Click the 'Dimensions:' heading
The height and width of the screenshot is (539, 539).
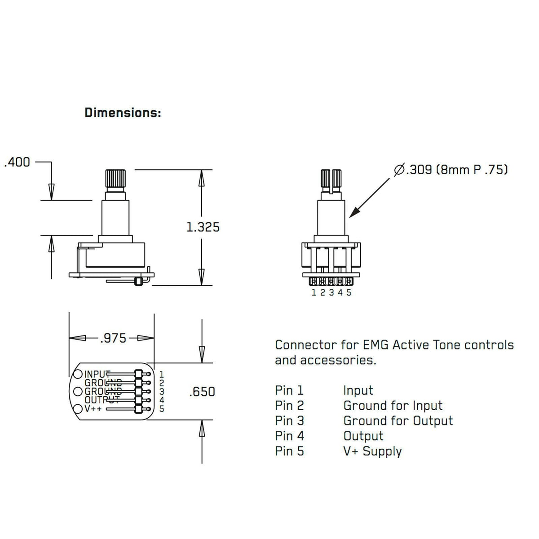point(123,113)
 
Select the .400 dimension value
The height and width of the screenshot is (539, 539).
point(17,162)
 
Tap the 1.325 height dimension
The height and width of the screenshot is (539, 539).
point(203,227)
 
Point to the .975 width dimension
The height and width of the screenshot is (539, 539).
point(113,338)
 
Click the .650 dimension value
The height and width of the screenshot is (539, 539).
point(202,392)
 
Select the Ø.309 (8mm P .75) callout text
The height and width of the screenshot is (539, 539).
point(451,170)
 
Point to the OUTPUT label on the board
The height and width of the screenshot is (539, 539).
point(101,400)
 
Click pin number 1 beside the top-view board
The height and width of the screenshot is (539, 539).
point(162,374)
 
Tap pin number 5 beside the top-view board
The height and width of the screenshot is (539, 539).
point(162,409)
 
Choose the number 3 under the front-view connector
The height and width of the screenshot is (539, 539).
point(331,293)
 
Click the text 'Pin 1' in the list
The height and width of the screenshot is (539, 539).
point(289,390)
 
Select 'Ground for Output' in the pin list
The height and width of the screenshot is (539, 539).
point(398,421)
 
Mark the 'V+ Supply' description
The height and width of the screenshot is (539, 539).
point(372,451)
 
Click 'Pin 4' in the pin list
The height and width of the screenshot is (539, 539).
point(289,436)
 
